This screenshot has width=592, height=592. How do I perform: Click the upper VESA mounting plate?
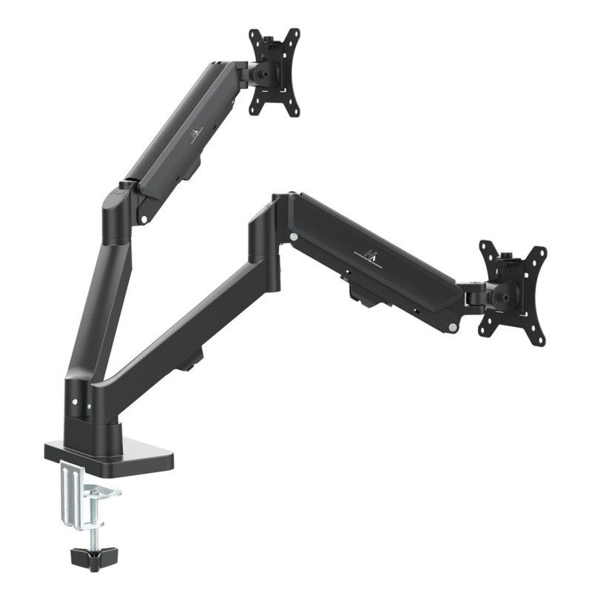click(x=275, y=71)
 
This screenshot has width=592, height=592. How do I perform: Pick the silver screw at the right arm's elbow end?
click(x=294, y=237)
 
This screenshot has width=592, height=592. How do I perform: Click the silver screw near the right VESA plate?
click(x=452, y=326)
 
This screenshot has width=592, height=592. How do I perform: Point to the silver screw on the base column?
click(x=75, y=403)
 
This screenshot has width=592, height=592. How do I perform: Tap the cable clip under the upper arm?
click(x=194, y=172)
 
